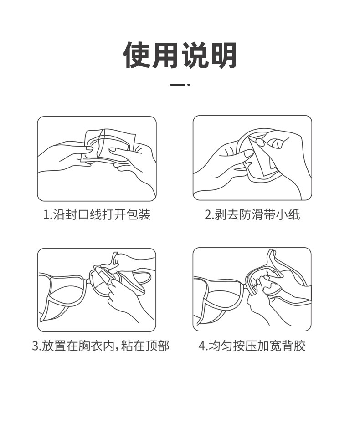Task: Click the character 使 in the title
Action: [x=137, y=55]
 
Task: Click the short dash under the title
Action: [x=178, y=85]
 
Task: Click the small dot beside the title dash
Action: [x=189, y=85]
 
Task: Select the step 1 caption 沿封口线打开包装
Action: [x=102, y=214]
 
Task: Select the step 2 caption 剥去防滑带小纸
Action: [x=257, y=214]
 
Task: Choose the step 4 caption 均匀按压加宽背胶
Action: [x=257, y=346]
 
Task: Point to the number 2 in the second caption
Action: [x=208, y=214]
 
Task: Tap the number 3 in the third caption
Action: [x=36, y=346]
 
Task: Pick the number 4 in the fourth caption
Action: [x=202, y=346]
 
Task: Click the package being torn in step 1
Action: [x=108, y=146]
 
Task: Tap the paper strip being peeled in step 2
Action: [x=259, y=158]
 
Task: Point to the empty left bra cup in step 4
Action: [x=219, y=297]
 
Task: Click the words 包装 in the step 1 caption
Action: [x=138, y=214]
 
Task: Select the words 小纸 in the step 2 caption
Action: [x=288, y=214]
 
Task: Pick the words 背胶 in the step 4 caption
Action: [x=293, y=346]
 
